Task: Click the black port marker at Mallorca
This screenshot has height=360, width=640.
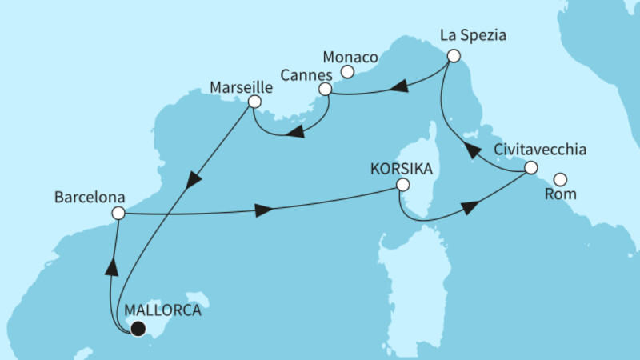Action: (138, 328)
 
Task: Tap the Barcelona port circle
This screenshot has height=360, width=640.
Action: (118, 213)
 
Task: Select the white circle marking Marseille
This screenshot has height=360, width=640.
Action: (254, 102)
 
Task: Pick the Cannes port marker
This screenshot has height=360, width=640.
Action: (325, 90)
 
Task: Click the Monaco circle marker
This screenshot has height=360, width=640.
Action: (348, 72)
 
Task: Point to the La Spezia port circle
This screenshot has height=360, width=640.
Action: (454, 56)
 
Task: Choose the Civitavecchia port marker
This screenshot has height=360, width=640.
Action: (530, 169)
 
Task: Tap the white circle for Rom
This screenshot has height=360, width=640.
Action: (561, 179)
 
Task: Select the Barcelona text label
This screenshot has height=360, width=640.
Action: (87, 195)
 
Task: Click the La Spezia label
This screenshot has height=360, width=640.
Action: (474, 36)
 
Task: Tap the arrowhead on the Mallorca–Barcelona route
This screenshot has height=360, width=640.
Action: (111, 266)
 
